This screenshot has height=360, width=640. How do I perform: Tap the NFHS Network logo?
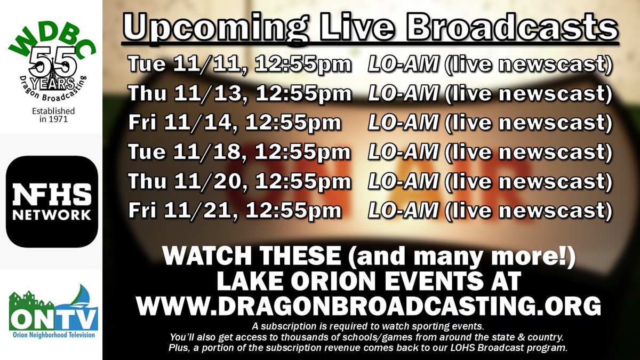tap(51, 201)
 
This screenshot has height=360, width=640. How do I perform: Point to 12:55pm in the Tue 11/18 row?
tap(303, 152)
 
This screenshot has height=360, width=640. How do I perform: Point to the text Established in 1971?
tap(51, 115)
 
